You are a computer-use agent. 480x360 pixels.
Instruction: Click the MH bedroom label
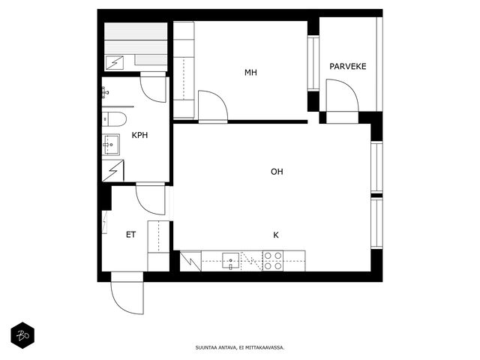tap(250, 73)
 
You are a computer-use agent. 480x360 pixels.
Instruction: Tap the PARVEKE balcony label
tap(348, 67)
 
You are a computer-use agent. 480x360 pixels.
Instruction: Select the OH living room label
tap(277, 172)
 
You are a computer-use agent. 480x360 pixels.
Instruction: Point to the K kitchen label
tap(276, 235)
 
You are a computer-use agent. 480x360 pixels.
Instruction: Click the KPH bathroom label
tap(139, 135)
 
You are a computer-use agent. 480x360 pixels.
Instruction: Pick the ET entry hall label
tap(130, 235)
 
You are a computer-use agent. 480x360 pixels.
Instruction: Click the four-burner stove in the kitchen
tap(273, 261)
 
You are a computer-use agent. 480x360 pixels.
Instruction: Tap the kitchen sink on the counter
tap(230, 261)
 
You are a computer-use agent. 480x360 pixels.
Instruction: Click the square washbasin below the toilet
tap(111, 145)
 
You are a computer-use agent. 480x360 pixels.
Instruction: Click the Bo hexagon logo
tap(22, 335)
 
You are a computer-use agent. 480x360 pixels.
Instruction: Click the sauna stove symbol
tap(115, 63)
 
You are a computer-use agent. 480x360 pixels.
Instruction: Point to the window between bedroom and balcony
tap(313, 63)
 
